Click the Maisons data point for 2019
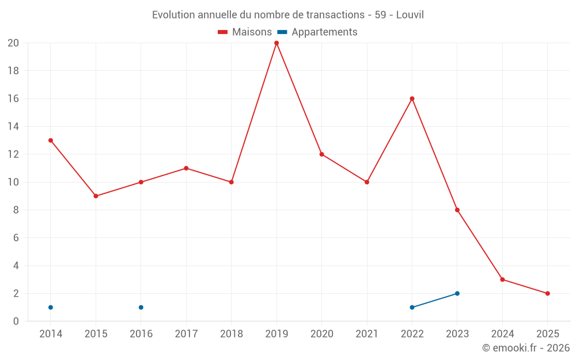click(x=276, y=43)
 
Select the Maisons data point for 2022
click(x=412, y=98)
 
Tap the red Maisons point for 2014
click(x=51, y=141)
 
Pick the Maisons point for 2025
click(x=548, y=293)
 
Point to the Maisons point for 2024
click(x=502, y=279)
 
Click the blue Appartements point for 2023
click(x=457, y=293)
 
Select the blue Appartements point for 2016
click(x=141, y=307)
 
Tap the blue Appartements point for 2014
click(x=51, y=307)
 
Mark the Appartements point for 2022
click(x=412, y=307)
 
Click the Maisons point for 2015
click(x=96, y=196)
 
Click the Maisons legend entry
click(x=245, y=32)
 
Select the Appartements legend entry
click(x=318, y=32)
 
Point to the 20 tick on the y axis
click(x=13, y=43)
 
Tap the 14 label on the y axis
click(x=13, y=127)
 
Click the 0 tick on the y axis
click(x=16, y=321)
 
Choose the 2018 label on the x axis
click(x=231, y=334)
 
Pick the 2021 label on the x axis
click(x=367, y=334)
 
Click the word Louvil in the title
click(x=410, y=15)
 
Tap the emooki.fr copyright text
click(x=526, y=348)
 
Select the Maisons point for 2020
click(x=321, y=154)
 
